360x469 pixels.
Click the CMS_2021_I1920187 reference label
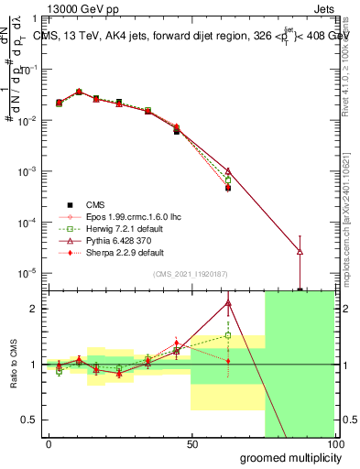(x=191, y=274)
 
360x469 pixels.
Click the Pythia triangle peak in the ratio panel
(x=228, y=303)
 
